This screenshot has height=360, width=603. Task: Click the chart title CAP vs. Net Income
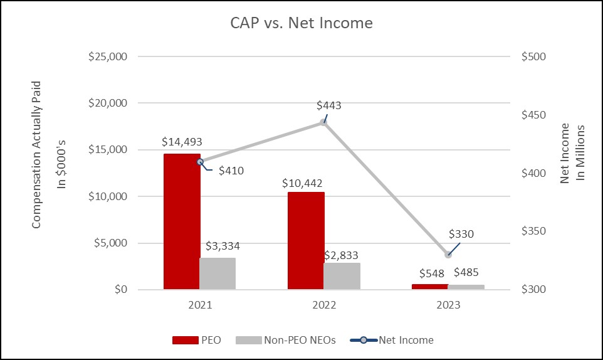pyautogui.click(x=301, y=24)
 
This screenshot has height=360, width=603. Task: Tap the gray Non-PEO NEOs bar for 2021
pyautogui.click(x=218, y=273)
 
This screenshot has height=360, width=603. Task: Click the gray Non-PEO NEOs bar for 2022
pyautogui.click(x=342, y=276)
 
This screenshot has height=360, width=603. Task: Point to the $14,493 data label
pyautogui.click(x=181, y=142)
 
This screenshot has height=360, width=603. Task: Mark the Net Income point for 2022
pyautogui.click(x=323, y=122)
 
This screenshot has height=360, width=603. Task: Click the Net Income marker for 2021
pyautogui.click(x=200, y=161)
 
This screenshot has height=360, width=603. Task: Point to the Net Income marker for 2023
pyautogui.click(x=448, y=254)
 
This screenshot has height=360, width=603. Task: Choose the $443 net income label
pyautogui.click(x=329, y=105)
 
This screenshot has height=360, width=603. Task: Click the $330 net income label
pyautogui.click(x=461, y=234)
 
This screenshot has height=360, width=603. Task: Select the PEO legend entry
pyautogui.click(x=195, y=340)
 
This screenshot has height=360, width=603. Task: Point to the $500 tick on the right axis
pyautogui.click(x=534, y=56)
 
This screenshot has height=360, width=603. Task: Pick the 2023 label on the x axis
pyautogui.click(x=448, y=305)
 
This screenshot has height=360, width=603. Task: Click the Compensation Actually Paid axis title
pyautogui.click(x=36, y=154)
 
